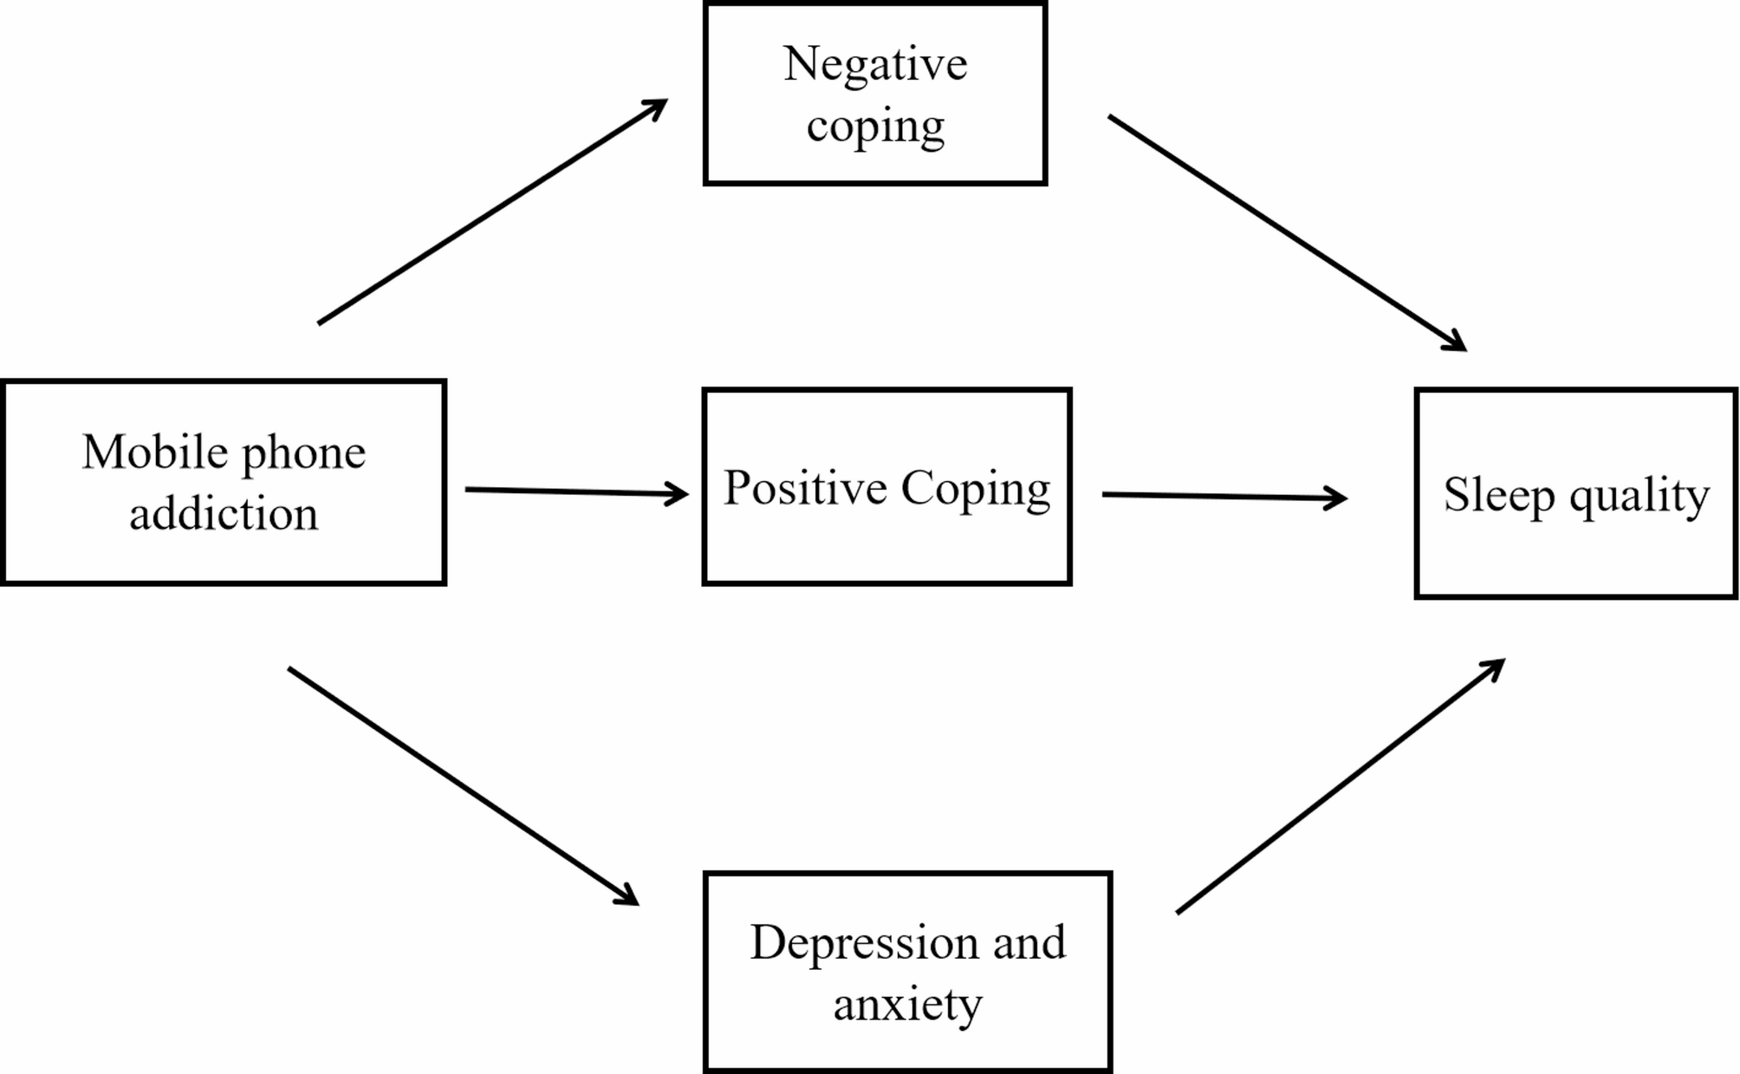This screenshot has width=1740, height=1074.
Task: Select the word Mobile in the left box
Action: pyautogui.click(x=156, y=452)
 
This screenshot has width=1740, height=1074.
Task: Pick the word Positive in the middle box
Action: pyautogui.click(x=805, y=488)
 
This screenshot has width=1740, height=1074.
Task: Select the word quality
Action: pyautogui.click(x=1639, y=497)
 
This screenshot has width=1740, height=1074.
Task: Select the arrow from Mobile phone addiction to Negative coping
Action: pyautogui.click(x=492, y=212)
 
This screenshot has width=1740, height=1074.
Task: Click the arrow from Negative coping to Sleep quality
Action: pyautogui.click(x=1287, y=232)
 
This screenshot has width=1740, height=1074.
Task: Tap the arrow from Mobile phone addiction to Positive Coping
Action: pyautogui.click(x=576, y=492)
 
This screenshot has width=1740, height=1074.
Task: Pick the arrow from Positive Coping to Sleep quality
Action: pyautogui.click(x=1224, y=497)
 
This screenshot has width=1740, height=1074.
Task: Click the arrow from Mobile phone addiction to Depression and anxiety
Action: pyautogui.click(x=463, y=785)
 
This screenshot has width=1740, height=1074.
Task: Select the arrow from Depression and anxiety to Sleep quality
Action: pyautogui.click(x=1340, y=786)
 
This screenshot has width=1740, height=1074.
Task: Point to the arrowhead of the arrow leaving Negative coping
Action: pyautogui.click(x=1455, y=342)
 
